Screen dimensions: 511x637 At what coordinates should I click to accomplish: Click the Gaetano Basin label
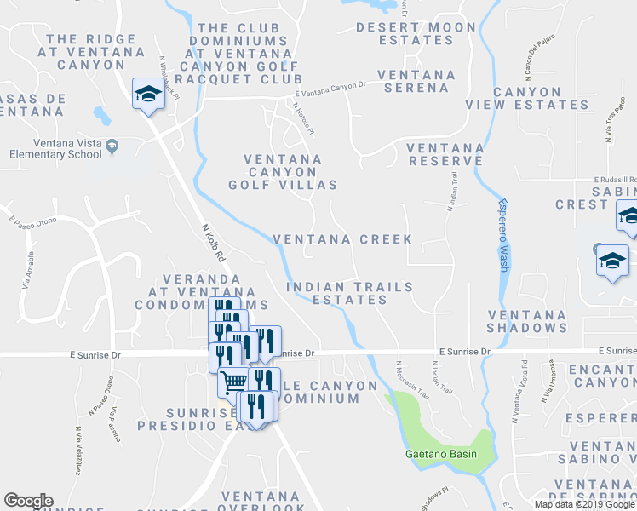pyautogui.click(x=440, y=453)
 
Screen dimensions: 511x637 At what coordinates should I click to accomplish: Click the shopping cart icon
pyautogui.click(x=233, y=381)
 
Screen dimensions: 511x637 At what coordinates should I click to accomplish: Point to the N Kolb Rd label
pyautogui.click(x=212, y=243)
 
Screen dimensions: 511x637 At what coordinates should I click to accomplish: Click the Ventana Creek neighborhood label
pyautogui.click(x=342, y=239)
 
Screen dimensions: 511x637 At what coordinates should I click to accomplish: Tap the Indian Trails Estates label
pyautogui.click(x=349, y=293)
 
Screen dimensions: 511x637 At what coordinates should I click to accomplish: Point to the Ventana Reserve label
pyautogui.click(x=445, y=153)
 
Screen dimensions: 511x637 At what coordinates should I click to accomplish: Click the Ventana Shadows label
pyautogui.click(x=527, y=321)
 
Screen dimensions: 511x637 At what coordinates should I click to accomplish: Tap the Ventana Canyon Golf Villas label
pyautogui.click(x=283, y=171)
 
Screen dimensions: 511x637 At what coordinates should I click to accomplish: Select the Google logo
pyautogui.click(x=28, y=501)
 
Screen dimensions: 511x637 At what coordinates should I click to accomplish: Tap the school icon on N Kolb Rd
pyautogui.click(x=148, y=94)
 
